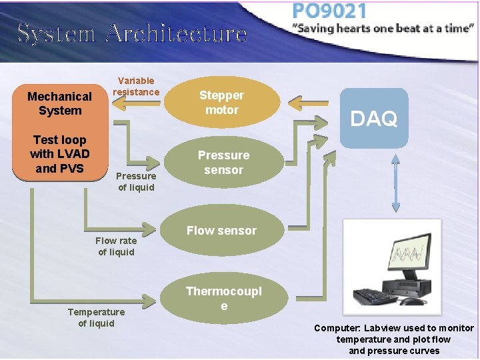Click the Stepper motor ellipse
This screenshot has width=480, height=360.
222,103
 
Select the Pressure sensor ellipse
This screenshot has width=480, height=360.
223,163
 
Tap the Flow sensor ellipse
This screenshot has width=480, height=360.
221,231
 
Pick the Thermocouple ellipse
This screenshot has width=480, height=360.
223,298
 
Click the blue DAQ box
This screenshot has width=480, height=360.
373,118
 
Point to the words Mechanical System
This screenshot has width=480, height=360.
59,103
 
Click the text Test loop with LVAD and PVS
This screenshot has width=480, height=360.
59,154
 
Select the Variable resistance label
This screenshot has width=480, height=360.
136,87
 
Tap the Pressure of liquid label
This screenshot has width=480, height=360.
136,181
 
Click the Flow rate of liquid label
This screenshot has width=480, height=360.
116,246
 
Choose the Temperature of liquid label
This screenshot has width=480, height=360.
96,317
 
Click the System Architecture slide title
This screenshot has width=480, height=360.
132,33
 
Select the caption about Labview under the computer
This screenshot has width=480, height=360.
394,339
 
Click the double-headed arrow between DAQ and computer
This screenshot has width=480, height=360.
395,180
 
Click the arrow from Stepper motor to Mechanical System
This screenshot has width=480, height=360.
136,103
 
